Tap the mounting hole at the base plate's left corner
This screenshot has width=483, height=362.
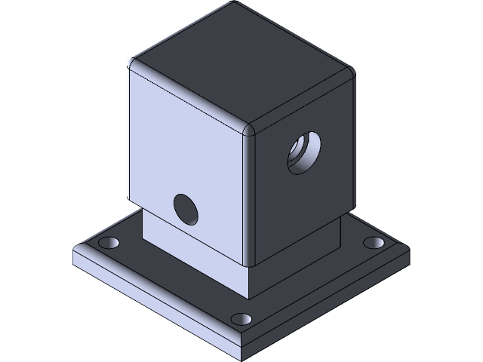(x=110, y=244)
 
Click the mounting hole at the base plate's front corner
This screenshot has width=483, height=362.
(x=241, y=318)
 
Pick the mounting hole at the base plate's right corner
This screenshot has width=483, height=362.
(x=373, y=243)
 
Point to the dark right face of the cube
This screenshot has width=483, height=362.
(x=302, y=196)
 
